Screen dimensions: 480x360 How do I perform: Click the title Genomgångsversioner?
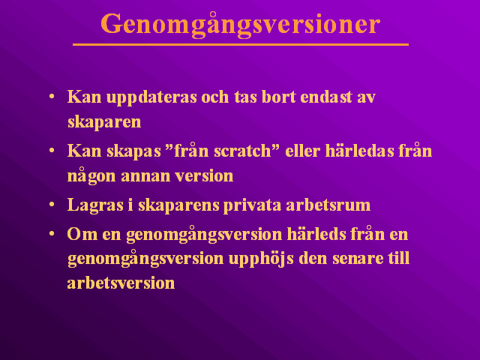[x=240, y=25]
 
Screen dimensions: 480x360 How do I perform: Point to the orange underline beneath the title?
[x=241, y=45]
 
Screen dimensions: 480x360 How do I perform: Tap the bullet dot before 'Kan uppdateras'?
[x=52, y=97]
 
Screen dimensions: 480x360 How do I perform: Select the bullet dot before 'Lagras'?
[x=52, y=205]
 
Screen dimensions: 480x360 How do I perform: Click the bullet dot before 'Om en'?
[x=52, y=234]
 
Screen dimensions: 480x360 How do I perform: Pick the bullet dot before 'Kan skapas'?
[x=52, y=151]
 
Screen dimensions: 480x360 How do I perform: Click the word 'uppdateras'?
[x=151, y=98]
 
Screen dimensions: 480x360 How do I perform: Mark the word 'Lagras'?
[x=95, y=205]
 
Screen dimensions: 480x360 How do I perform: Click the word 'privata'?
[x=252, y=205]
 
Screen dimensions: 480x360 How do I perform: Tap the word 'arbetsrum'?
[x=328, y=205]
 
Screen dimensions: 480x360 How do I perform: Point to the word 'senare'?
[x=358, y=259]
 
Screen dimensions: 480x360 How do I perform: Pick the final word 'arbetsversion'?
[x=121, y=283]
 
